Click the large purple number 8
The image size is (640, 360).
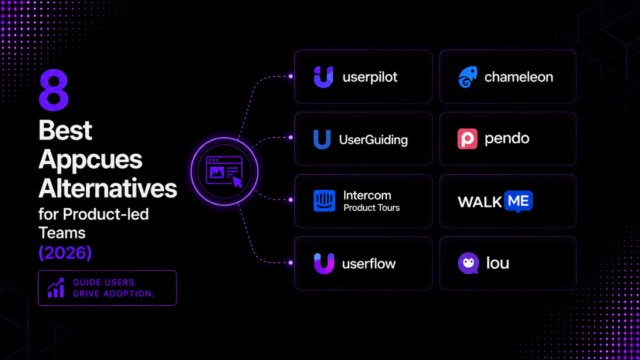(x=54, y=90)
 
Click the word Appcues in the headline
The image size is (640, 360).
(x=90, y=160)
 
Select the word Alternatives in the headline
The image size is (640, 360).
(x=108, y=188)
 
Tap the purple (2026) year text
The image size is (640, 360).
(x=65, y=253)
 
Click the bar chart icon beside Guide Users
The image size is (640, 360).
(x=56, y=288)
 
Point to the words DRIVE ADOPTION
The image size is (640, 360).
(x=113, y=294)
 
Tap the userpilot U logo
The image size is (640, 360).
(x=323, y=77)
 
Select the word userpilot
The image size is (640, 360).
(x=370, y=77)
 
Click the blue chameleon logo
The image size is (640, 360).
(x=468, y=77)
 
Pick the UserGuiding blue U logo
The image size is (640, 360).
(x=322, y=139)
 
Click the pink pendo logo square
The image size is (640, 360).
(x=468, y=139)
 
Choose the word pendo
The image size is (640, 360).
(x=507, y=139)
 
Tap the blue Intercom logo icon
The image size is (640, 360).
(x=324, y=201)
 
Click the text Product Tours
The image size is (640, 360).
(x=372, y=208)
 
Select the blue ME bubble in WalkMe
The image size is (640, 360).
(x=518, y=201)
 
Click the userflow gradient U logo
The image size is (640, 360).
(x=324, y=264)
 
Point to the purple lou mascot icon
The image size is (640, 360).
(x=468, y=263)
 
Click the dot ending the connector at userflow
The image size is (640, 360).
(x=291, y=263)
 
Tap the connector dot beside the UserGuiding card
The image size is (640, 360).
(x=291, y=137)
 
